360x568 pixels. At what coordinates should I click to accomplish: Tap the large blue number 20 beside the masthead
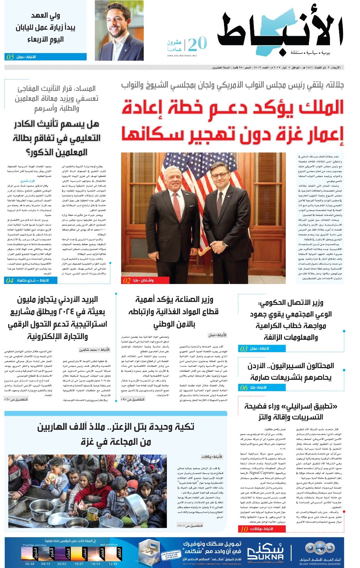click(x=197, y=44)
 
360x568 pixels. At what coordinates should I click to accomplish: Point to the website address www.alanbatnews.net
click(x=182, y=55)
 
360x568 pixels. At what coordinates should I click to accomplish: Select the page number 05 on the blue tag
click(x=10, y=57)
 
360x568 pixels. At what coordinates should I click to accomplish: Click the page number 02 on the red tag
click(x=127, y=280)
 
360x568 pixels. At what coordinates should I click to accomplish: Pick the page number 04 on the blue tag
click(x=10, y=280)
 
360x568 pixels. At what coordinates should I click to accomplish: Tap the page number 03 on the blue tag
click(x=244, y=349)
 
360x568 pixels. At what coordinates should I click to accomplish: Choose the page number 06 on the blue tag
click(x=244, y=388)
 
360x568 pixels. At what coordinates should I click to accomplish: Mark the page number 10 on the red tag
click(x=244, y=529)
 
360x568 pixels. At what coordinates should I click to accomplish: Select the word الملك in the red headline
click(x=321, y=107)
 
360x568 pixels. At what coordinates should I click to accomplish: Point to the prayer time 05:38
click(x=30, y=564)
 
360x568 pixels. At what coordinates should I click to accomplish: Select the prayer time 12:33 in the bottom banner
click(x=113, y=564)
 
